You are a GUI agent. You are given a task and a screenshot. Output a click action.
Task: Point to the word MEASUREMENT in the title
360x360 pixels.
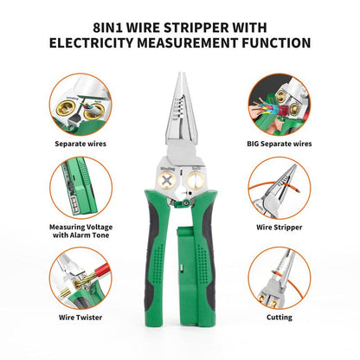click(197, 41)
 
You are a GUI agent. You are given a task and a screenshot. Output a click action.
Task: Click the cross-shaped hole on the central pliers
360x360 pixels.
click(162, 183)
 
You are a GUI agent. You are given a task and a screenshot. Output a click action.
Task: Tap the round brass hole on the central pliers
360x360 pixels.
click(196, 183)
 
